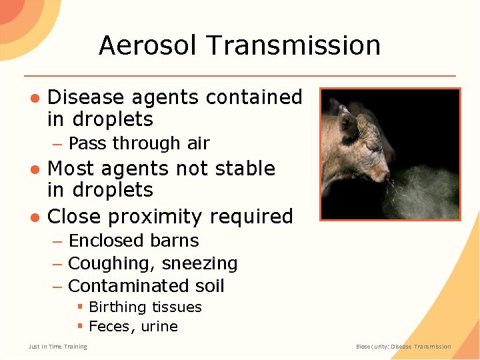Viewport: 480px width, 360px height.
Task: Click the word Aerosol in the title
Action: coord(149,45)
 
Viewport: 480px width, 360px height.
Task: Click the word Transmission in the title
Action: coord(294,45)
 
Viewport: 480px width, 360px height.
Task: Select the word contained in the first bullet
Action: coord(254,97)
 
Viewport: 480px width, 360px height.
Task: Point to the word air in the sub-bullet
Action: coord(199,143)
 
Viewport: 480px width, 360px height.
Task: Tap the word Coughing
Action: coord(110,264)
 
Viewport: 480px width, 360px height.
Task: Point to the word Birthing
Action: coord(117,307)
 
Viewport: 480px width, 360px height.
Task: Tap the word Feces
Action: coord(110,327)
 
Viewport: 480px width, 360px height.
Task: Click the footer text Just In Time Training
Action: coord(57,347)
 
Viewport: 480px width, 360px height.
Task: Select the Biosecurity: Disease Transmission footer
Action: coord(403,347)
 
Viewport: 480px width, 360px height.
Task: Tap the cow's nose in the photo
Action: coord(385,177)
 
